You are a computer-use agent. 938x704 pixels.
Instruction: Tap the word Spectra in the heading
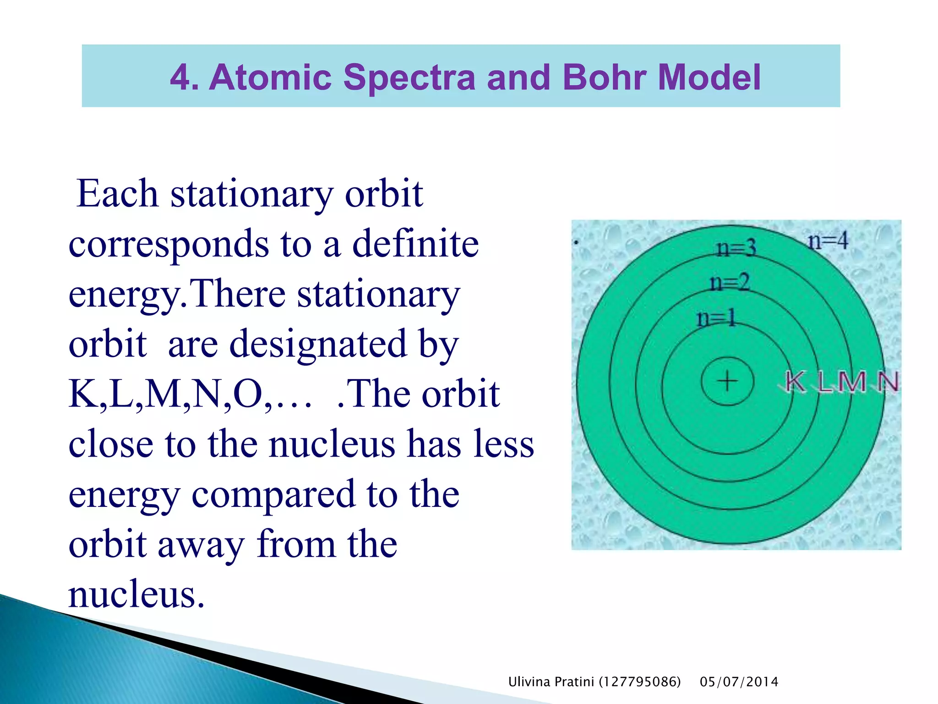pos(409,77)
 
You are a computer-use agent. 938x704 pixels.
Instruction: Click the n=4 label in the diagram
pos(828,241)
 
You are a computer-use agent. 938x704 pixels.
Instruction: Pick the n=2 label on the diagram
pos(729,282)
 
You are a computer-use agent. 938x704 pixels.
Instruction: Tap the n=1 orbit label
pos(716,318)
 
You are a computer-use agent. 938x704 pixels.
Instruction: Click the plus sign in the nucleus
pos(727,381)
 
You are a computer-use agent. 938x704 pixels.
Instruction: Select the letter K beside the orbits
pos(796,382)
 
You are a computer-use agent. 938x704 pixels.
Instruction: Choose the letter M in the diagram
pos(852,382)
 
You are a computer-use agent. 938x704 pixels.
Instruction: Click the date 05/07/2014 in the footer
pos(739,682)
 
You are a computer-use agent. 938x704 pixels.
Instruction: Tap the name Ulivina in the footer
pos(529,682)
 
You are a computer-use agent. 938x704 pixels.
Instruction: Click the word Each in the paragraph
pos(117,194)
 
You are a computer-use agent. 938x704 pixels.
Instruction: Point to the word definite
pos(415,244)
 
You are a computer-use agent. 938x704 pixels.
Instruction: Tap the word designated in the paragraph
pos(318,344)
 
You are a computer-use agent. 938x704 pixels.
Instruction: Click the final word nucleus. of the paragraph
pos(136,594)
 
